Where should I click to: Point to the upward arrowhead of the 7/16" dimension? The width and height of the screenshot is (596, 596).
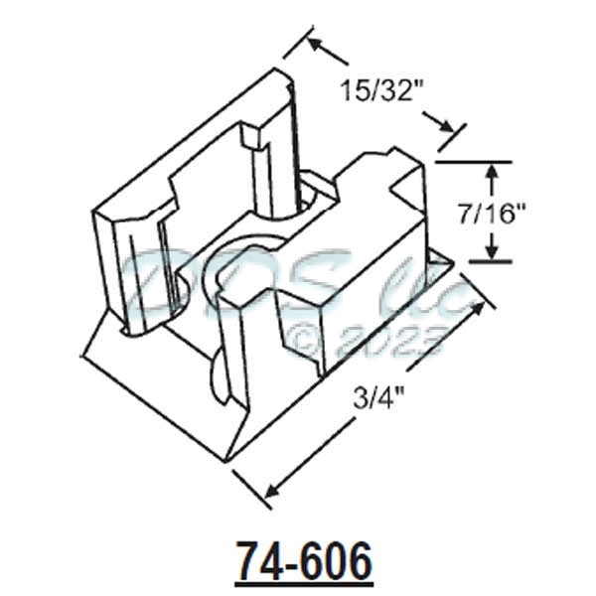490,172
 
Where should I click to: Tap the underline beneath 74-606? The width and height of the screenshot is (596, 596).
304,583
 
